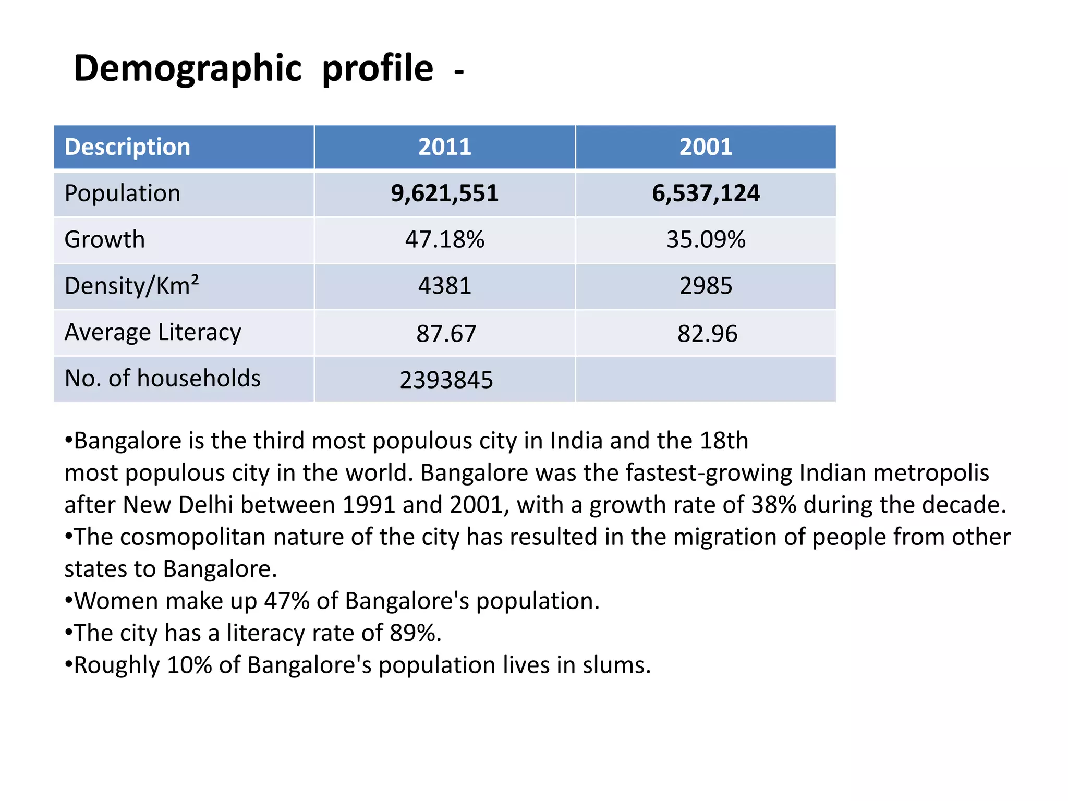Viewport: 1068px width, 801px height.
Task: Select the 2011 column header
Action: click(445, 147)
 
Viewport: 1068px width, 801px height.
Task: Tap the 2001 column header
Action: click(706, 147)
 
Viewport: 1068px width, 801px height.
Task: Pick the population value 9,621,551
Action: click(445, 193)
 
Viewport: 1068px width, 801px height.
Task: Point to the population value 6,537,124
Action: click(706, 193)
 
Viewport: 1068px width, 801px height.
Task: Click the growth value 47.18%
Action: click(445, 239)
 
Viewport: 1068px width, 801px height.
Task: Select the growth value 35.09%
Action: click(706, 239)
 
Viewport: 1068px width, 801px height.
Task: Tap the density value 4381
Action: click(445, 286)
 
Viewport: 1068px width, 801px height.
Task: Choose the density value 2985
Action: click(706, 286)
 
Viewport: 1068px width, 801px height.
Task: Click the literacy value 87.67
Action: click(446, 334)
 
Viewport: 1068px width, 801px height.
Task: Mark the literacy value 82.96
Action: click(707, 334)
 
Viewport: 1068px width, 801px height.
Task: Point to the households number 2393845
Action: click(446, 380)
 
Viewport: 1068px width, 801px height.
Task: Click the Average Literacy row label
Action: click(153, 333)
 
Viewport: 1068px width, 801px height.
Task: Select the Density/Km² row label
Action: click(131, 286)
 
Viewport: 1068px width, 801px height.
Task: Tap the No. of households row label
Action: click(162, 378)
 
